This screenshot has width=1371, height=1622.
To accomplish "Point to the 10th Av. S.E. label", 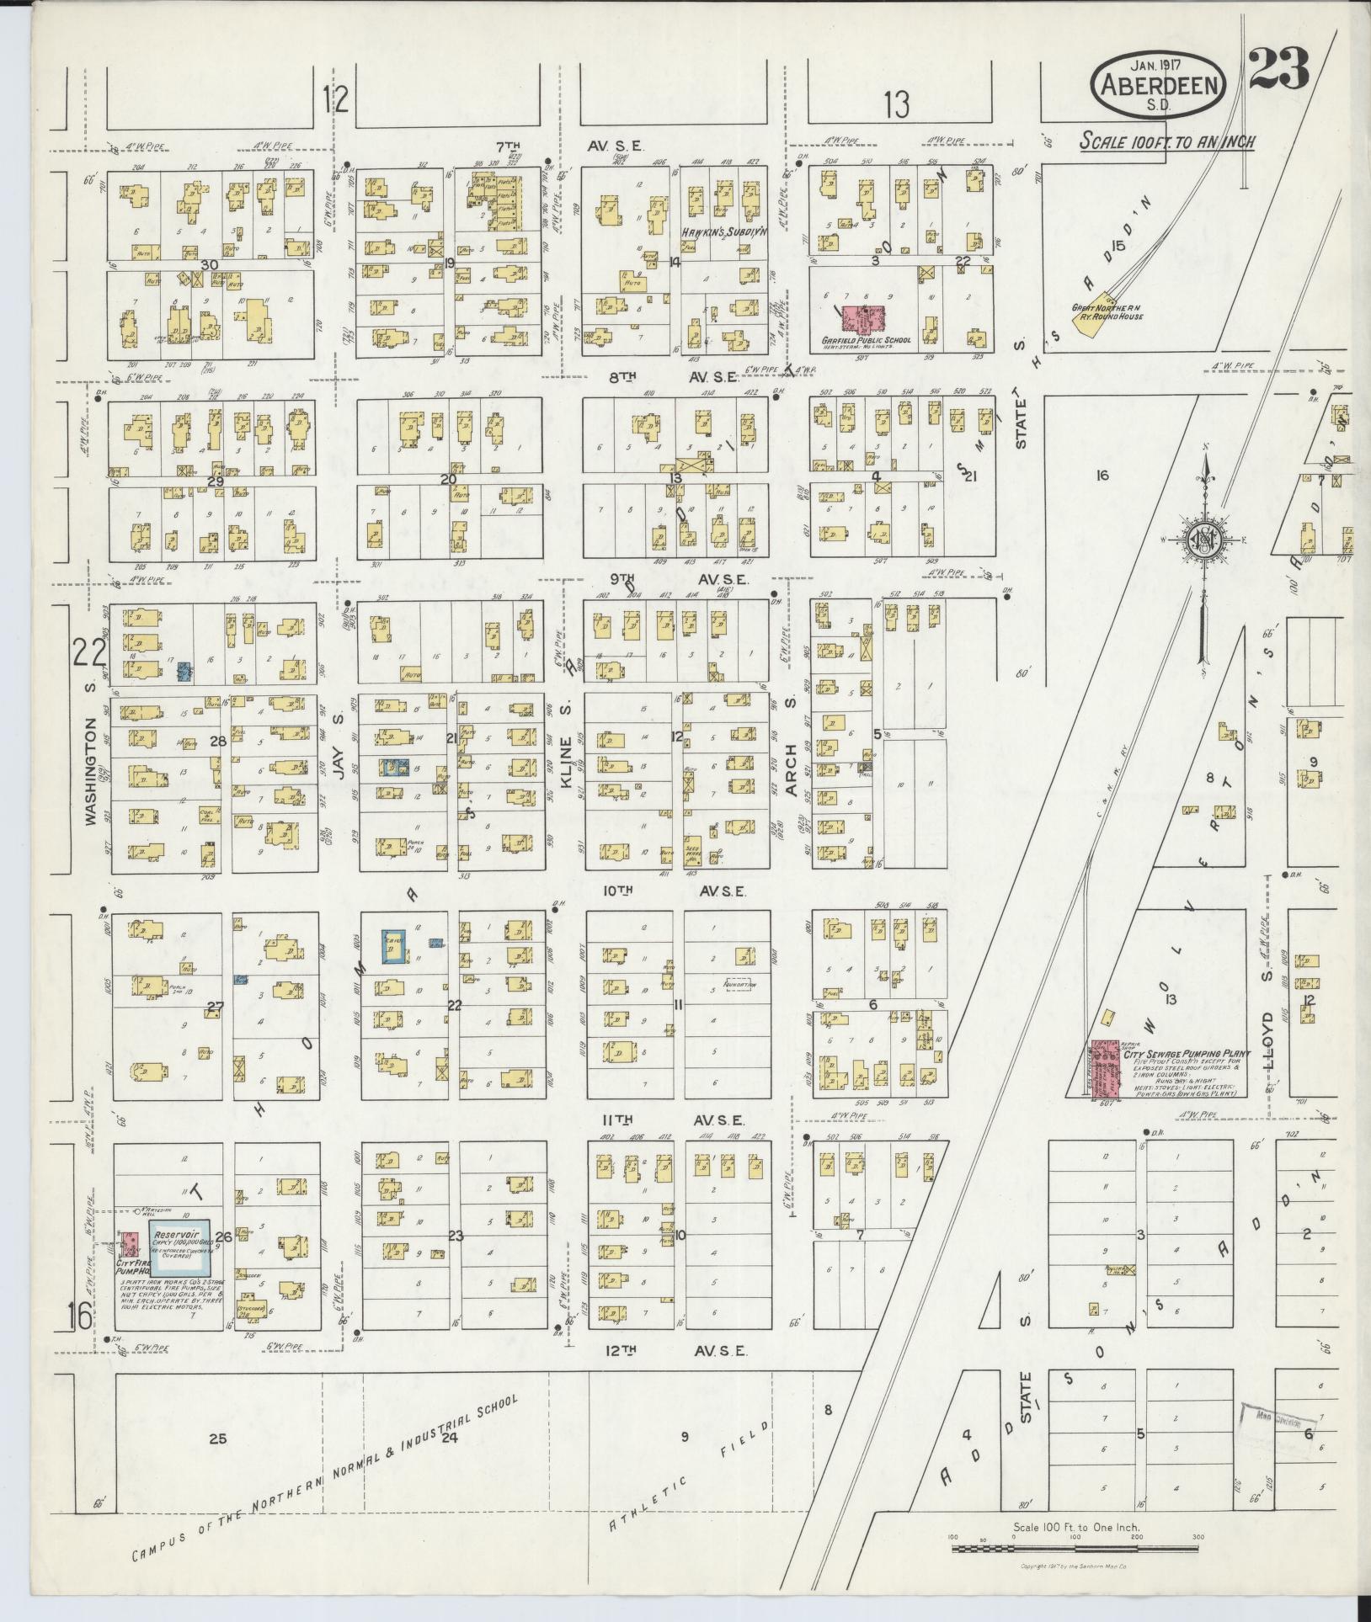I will (x=674, y=891).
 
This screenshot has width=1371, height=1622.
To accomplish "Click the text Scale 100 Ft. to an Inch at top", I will (x=1167, y=141).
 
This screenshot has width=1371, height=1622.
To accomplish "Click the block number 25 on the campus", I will (x=217, y=1439).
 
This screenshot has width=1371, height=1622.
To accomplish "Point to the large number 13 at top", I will (x=897, y=105).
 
